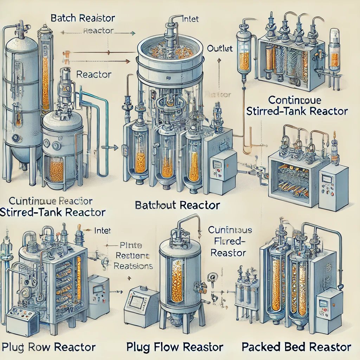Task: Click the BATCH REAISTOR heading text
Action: click(x=83, y=18)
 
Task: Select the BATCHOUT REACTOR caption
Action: click(x=177, y=205)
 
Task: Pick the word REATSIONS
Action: click(x=133, y=266)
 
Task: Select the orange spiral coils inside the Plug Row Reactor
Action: click(x=66, y=278)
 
